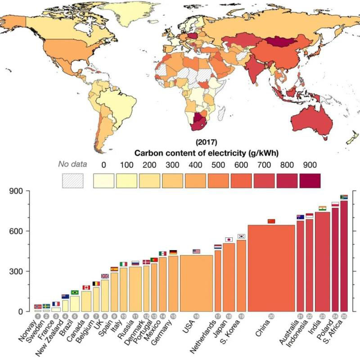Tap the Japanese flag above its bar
point(229,239)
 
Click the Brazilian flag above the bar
point(75,292)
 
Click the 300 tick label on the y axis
point(17,271)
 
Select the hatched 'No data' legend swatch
point(72,181)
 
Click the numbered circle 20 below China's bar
point(271,316)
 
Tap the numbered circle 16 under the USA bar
point(196,316)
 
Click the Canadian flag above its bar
point(86,287)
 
